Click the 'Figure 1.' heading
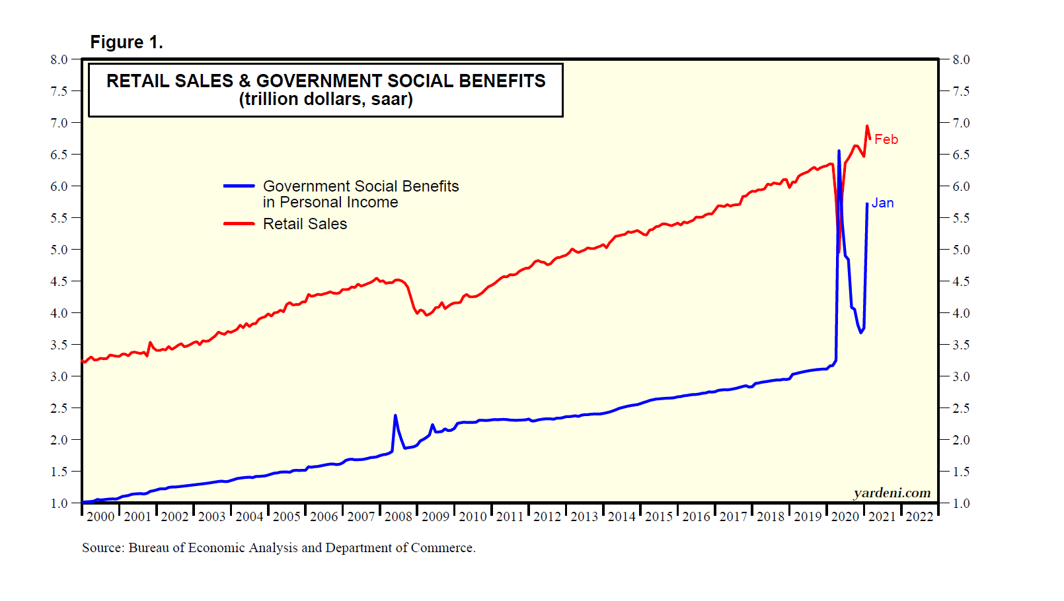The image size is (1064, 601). pos(126,42)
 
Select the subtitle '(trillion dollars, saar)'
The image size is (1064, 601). pos(326,99)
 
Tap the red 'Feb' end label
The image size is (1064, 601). pos(886,139)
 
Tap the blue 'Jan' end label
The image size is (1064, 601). pos(882,203)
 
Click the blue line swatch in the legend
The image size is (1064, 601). pos(239,186)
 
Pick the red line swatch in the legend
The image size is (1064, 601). pos(239,224)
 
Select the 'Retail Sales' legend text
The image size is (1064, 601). pos(305,224)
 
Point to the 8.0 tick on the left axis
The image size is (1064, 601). pos(59,59)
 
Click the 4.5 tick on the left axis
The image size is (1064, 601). pos(59,281)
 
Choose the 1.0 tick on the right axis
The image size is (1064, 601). pos(961,503)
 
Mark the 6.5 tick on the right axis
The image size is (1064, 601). pos(961,155)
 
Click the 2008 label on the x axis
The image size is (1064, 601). pos(399,516)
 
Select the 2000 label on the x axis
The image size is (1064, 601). pos(100,516)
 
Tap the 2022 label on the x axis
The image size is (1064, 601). pos(919,516)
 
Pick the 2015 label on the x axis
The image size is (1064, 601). pos(659,516)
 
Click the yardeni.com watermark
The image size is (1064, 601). pos(892,493)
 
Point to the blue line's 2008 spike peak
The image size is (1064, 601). pos(395,415)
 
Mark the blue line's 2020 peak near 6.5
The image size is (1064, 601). pos(839,151)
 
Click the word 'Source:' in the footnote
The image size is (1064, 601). pos(103,548)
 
